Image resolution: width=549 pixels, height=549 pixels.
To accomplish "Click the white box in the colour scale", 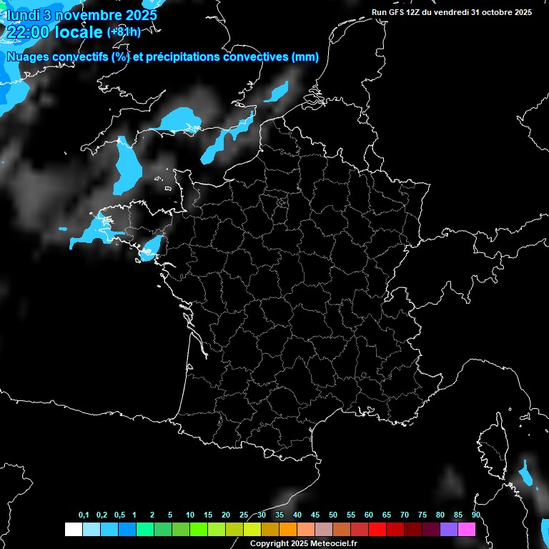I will coord(73,529).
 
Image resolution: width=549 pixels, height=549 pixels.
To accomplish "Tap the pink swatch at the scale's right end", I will coord(467,529).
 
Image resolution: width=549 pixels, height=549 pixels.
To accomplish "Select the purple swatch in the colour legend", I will coord(449,529).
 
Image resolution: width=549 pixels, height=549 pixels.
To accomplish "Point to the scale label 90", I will coord(475,515).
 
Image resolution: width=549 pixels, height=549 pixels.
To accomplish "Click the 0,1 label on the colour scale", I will coord(84,515).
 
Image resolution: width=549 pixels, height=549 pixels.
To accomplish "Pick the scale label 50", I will coord(333,515).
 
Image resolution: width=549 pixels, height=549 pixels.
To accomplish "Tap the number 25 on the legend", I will coord(244,515).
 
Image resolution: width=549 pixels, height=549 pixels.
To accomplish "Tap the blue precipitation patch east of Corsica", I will coord(528,475).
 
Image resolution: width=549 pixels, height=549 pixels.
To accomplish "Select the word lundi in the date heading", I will coord(21,14).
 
